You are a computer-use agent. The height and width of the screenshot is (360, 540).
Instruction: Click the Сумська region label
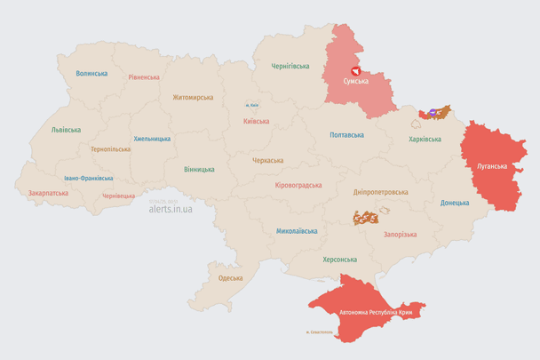(357, 82)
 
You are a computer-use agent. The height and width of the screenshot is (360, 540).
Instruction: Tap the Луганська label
(491, 166)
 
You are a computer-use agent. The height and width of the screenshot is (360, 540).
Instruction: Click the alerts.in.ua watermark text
(171, 210)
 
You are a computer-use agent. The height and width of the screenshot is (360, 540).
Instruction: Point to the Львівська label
(66, 130)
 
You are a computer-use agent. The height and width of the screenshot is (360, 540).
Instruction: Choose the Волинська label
(91, 74)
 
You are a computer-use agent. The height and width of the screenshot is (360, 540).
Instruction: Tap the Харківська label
(425, 139)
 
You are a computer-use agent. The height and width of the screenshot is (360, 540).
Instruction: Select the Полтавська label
(346, 135)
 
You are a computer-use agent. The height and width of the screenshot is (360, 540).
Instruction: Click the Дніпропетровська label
(380, 191)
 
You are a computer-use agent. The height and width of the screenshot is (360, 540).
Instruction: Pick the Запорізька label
(400, 234)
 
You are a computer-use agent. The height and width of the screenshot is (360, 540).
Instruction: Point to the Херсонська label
(338, 260)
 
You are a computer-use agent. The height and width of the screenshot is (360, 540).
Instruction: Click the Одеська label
(230, 278)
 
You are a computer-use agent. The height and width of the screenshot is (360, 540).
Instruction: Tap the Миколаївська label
(297, 231)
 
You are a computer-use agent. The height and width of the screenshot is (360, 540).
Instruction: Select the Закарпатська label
(48, 192)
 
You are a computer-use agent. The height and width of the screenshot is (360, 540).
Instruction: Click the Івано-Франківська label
(88, 178)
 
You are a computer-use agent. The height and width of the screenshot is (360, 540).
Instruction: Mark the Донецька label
(455, 203)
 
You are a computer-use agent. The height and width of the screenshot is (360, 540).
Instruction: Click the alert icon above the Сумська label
(356, 69)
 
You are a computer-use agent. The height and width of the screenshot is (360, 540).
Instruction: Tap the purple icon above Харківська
(433, 112)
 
